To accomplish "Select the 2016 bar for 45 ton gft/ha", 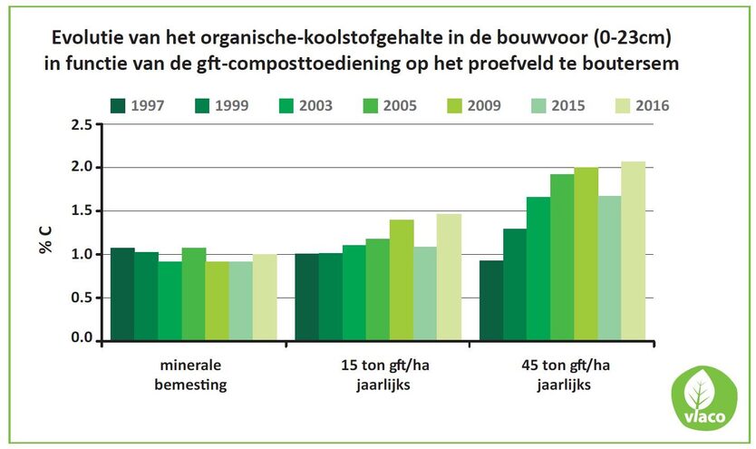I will pyautogui.click(x=633, y=251).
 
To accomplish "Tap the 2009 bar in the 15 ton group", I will pyautogui.click(x=401, y=279).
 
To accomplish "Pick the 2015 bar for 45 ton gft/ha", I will pyautogui.click(x=609, y=268).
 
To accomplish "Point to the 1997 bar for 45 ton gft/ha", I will pyautogui.click(x=491, y=300).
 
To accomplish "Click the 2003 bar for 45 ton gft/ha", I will pyautogui.click(x=538, y=268).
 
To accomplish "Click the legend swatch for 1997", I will pyautogui.click(x=117, y=105).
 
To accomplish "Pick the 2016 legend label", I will pyautogui.click(x=652, y=105).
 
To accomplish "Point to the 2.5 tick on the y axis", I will pyautogui.click(x=81, y=124).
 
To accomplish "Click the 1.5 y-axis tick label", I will pyautogui.click(x=81, y=210).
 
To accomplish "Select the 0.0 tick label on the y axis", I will pyautogui.click(x=81, y=339).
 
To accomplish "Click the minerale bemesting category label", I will pyautogui.click(x=192, y=375).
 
